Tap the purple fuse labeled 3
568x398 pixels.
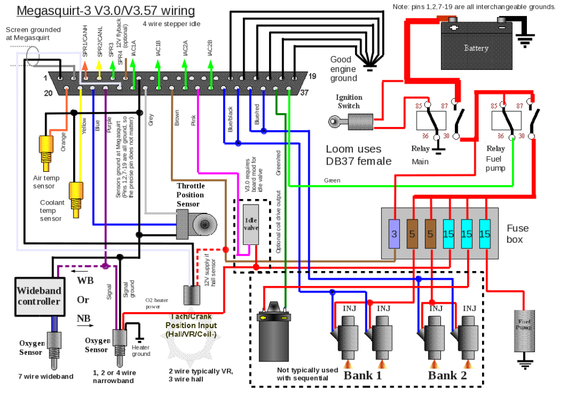[394, 234]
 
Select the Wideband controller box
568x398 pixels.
[38, 296]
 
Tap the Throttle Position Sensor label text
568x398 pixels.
[190, 195]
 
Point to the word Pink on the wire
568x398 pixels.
[193, 120]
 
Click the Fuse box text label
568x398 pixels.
[518, 233]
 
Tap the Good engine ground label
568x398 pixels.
[343, 69]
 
